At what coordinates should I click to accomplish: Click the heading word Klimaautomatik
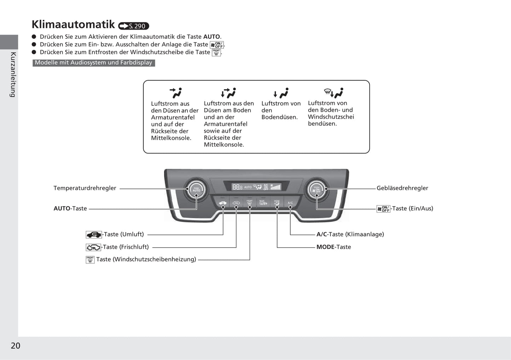point(73,24)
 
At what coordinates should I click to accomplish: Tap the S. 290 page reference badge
point(134,26)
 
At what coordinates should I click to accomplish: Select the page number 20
point(16,346)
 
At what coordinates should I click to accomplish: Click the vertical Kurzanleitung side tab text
point(13,74)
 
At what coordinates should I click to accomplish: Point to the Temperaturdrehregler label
point(85,188)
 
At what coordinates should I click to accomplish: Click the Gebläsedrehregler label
point(402,188)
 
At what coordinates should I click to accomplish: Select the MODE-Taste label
point(333,247)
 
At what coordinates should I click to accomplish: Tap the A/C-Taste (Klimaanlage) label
point(350,234)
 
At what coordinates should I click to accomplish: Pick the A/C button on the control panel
point(290,203)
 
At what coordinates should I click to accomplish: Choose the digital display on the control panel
point(256,187)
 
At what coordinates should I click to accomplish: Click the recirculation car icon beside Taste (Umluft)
point(94,235)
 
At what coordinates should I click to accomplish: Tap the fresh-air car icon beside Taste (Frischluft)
point(93,247)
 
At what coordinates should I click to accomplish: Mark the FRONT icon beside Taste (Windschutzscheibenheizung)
point(90,260)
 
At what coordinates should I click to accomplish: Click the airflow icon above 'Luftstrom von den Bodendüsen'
point(281,93)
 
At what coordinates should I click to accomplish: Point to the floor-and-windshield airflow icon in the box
point(333,93)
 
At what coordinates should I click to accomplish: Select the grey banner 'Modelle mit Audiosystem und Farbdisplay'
point(94,63)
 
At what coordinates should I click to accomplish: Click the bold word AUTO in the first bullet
point(211,37)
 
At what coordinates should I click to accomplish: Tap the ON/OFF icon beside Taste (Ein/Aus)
point(383,209)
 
